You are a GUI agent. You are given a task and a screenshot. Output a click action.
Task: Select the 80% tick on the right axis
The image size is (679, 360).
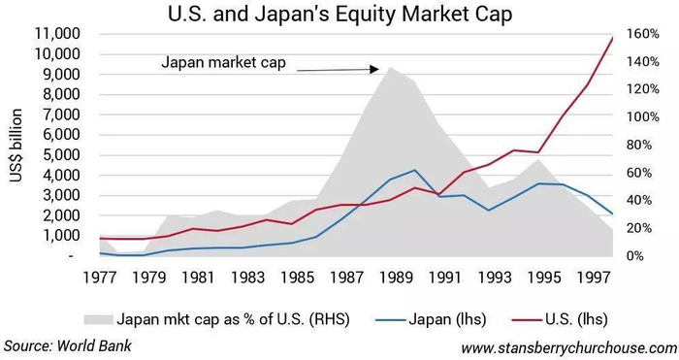click(x=638, y=146)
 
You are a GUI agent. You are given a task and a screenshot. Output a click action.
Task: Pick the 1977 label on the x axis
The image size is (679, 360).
click(x=100, y=278)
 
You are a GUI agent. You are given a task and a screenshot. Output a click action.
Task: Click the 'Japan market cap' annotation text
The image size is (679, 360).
click(x=224, y=65)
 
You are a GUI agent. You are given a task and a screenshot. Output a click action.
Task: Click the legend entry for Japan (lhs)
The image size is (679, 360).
click(x=445, y=317)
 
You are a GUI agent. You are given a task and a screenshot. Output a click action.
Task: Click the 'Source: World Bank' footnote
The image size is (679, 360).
click(x=67, y=345)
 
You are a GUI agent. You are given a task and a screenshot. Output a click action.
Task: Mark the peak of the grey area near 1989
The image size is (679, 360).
click(x=389, y=67)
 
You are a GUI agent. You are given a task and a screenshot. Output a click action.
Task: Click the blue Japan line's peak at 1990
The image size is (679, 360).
click(x=415, y=170)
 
